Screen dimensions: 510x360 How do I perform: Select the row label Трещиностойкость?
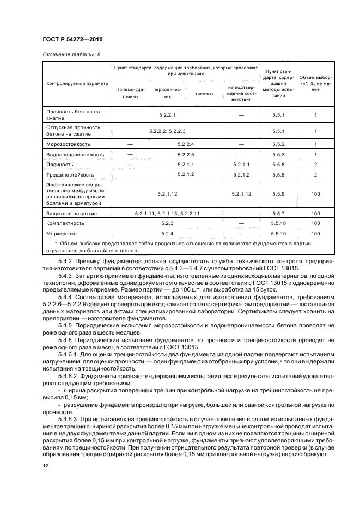(x=70, y=175)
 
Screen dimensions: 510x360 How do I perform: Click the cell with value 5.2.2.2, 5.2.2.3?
(x=167, y=131)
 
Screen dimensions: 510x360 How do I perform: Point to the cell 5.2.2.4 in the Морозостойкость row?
(x=186, y=144)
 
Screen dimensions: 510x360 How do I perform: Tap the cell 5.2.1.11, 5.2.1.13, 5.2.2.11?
(x=167, y=213)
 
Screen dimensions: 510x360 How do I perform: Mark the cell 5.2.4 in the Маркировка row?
(x=167, y=234)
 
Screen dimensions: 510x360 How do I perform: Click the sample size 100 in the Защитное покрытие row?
(x=315, y=213)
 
